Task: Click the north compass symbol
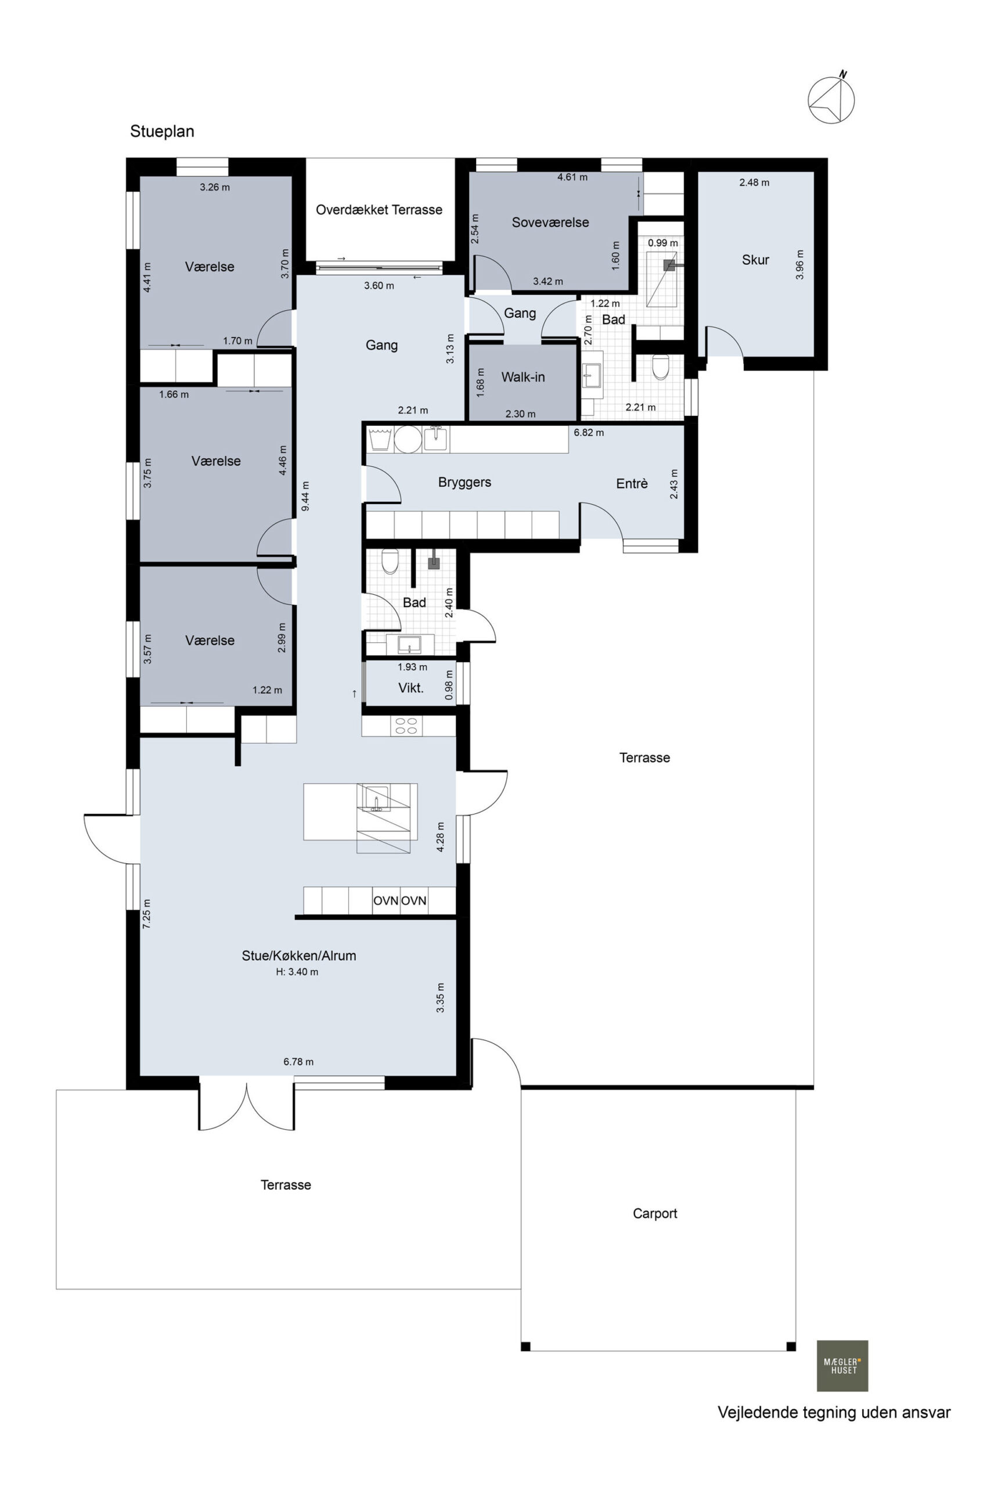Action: tap(831, 99)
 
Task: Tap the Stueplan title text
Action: tap(162, 131)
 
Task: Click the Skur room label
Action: tap(755, 260)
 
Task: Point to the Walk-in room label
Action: tap(522, 378)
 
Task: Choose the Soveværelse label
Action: tap(550, 222)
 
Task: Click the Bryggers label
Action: tap(464, 482)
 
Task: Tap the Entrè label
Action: tap(632, 484)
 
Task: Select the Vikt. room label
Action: tap(411, 688)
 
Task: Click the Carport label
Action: tap(655, 1214)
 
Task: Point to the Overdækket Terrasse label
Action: tap(379, 210)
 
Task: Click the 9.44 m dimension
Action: tap(306, 496)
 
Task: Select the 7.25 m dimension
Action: tap(147, 914)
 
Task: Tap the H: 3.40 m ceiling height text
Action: tap(297, 972)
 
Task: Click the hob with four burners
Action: tap(407, 726)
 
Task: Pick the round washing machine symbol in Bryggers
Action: tap(408, 439)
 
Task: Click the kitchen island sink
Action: tap(377, 799)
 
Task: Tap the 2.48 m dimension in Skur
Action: tap(754, 183)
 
